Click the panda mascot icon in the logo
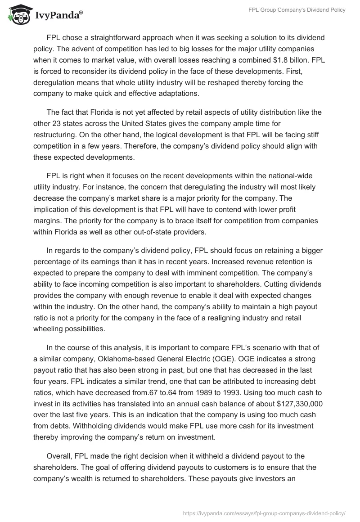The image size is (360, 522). pyautogui.click(x=18, y=15)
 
